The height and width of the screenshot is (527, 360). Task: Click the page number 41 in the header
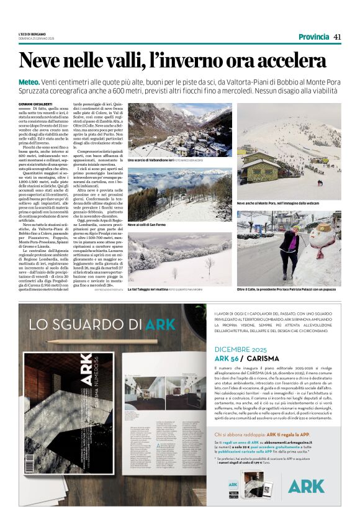click(338, 37)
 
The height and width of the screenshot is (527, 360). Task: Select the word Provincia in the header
click(313, 37)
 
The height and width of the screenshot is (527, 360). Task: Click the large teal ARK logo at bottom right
click(305, 485)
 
